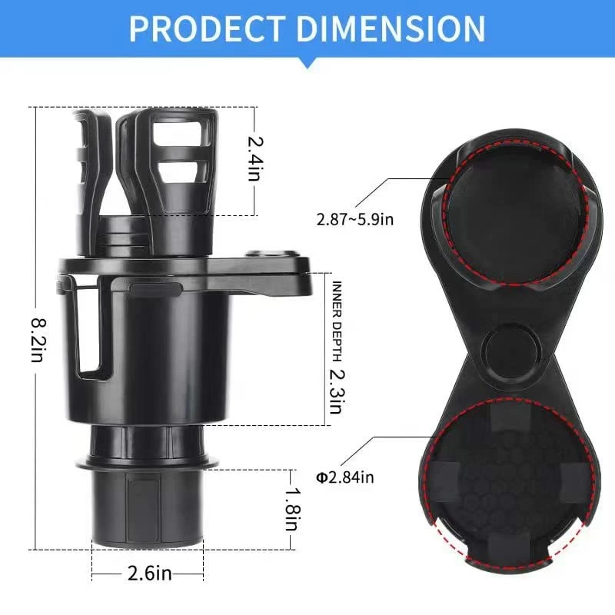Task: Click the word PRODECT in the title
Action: [207, 28]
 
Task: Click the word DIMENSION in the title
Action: [391, 28]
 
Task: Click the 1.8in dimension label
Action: [291, 507]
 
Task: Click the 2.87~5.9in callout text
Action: [354, 220]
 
